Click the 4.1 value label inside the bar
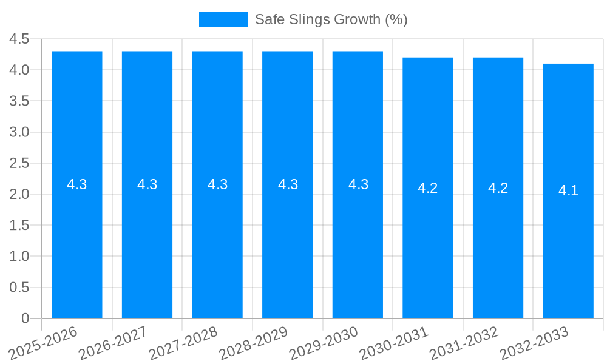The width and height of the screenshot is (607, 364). [x=568, y=190]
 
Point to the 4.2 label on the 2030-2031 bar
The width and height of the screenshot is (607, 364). [x=428, y=188]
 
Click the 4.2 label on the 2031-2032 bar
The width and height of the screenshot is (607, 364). [x=498, y=188]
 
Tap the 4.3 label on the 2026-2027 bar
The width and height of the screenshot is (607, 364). [x=148, y=184]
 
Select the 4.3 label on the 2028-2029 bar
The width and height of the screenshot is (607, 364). [x=288, y=184]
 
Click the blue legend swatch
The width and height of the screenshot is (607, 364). [x=223, y=19]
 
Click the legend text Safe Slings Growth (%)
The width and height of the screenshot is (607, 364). [x=331, y=19]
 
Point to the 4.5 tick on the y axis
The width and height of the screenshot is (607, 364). [x=19, y=39]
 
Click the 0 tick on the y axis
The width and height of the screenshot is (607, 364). [x=25, y=318]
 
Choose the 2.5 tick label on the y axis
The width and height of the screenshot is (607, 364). [x=19, y=163]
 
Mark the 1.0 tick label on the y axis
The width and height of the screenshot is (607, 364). [x=19, y=257]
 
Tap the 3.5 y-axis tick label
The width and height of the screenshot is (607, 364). [x=19, y=101]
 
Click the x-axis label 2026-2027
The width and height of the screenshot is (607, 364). [x=114, y=343]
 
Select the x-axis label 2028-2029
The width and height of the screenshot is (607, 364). [x=254, y=343]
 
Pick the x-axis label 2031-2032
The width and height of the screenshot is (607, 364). [x=464, y=343]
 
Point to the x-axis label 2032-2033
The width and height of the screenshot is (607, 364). [x=534, y=343]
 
